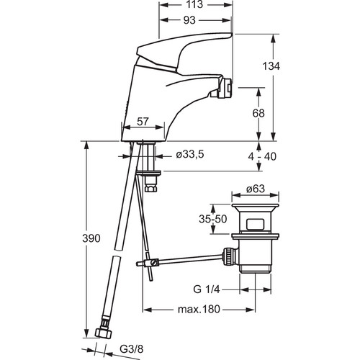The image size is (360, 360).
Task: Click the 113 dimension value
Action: [194, 4]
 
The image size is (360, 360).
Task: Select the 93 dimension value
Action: [189, 21]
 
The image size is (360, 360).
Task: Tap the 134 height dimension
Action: [271, 66]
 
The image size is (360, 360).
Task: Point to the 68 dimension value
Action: [258, 113]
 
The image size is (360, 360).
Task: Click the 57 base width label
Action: [143, 122]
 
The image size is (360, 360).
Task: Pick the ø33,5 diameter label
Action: [190, 155]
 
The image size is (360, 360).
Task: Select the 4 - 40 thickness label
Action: [262, 156]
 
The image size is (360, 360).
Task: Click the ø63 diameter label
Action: [256, 189]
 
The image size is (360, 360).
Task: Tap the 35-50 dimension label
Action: [213, 219]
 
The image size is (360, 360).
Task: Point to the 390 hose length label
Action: [91, 238]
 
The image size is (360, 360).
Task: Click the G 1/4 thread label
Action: [207, 289]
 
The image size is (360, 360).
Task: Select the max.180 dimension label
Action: [199, 310]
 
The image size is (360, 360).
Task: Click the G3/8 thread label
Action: [132, 349]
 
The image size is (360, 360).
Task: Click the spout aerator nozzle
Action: [225, 89]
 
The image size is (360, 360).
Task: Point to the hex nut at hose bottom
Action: [104, 331]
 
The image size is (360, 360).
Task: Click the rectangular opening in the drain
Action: [255, 224]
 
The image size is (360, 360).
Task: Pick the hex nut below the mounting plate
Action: [151, 187]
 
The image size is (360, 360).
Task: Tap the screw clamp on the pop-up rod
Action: [153, 262]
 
